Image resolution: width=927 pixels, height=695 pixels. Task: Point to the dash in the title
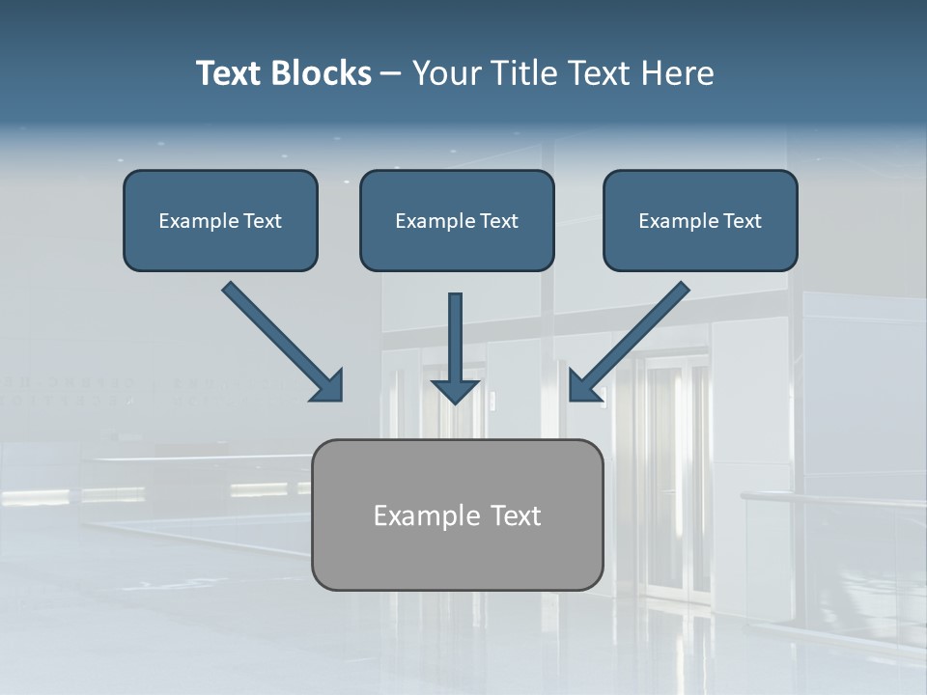[x=391, y=74]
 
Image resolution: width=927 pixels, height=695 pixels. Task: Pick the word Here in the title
[x=677, y=73]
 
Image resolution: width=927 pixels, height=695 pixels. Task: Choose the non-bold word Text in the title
[x=599, y=73]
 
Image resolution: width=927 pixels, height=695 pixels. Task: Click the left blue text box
[x=220, y=220]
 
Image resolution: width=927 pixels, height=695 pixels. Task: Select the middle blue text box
[x=457, y=220]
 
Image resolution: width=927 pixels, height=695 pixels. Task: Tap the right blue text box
[x=700, y=220]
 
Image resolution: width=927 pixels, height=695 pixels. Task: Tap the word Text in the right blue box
[x=742, y=221]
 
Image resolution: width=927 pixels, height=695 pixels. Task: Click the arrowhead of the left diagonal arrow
[x=328, y=386]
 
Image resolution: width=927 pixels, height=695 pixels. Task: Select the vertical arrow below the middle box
[x=455, y=347]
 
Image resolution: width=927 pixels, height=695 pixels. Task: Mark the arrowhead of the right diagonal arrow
[x=583, y=386]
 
